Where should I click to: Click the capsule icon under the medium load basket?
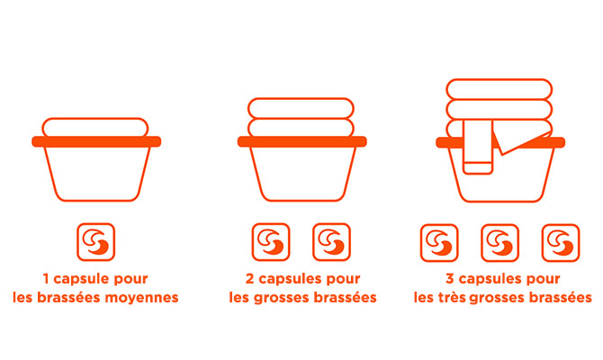pos(95,242)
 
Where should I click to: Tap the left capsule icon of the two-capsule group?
pos(271,242)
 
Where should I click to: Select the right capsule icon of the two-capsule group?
pos(331,242)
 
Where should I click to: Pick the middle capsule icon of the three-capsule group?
pos(499,243)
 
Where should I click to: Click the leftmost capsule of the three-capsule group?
pos(439,243)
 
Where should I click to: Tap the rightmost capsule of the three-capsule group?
pos(561,243)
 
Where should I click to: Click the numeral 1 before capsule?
pos(46,278)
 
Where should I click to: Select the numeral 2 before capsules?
pos(250,278)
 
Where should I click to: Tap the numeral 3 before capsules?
pos(450,278)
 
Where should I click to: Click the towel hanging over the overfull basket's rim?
pos(478,147)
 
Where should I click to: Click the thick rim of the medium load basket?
pos(96,141)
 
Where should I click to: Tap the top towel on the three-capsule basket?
pos(499,89)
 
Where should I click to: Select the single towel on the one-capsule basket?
pos(95,127)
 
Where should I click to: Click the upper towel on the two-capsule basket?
pos(301,108)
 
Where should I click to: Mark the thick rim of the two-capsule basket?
pos(301,141)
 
